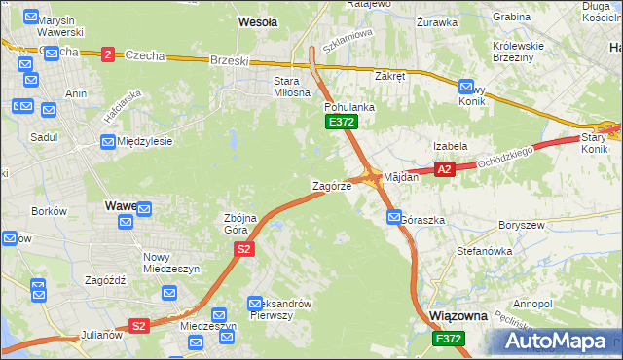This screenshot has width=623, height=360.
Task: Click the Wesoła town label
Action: click(258, 20)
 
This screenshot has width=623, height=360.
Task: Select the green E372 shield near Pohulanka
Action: click(342, 122)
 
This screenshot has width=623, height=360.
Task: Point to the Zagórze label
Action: click(331, 185)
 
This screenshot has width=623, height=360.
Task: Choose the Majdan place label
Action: click(401, 177)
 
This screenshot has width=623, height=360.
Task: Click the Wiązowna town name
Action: click(457, 316)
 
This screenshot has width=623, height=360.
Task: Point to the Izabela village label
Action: click(451, 145)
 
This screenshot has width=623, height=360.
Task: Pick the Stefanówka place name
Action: click(485, 250)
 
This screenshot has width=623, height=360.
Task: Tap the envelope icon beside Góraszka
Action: click(392, 218)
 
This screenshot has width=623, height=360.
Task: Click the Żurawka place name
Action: click(436, 21)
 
